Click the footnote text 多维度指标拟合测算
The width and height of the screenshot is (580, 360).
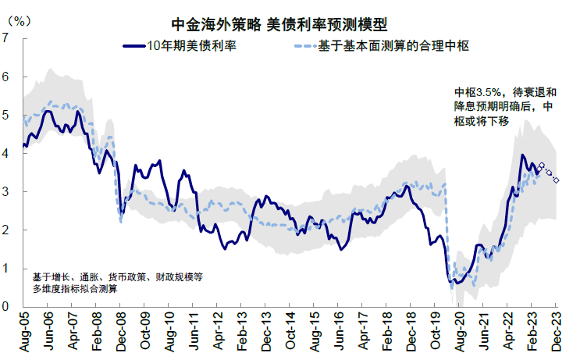(74, 289)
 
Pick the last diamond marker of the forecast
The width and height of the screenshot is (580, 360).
(556, 180)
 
